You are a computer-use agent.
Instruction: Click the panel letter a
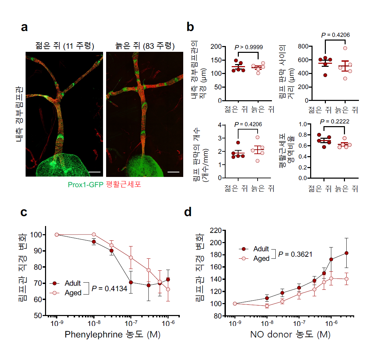[24, 28]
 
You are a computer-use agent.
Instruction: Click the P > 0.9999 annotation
[248, 47]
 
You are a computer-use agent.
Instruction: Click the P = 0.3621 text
[295, 254]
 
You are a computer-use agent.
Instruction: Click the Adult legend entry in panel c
[73, 283]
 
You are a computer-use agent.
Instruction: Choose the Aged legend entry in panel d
[261, 259]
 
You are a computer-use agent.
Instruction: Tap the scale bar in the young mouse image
[95, 171]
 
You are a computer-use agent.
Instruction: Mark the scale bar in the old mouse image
[173, 171]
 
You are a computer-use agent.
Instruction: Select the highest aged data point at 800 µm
[345, 48]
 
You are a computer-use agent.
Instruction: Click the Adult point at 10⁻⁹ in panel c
[57, 235]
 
